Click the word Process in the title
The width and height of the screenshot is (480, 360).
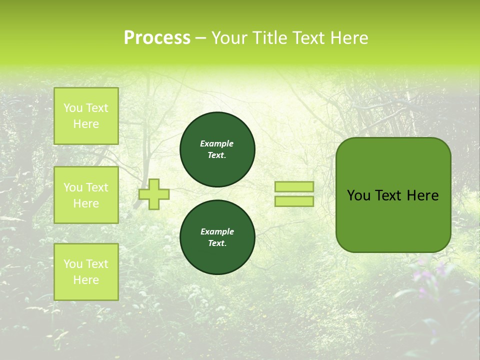157,38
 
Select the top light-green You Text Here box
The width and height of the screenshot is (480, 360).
86,116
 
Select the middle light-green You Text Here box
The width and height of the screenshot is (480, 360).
86,195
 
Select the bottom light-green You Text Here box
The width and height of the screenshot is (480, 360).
86,272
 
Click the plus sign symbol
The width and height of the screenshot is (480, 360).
154,194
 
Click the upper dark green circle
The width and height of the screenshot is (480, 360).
217,149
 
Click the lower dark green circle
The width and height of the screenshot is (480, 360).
217,237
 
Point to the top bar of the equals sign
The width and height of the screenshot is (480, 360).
294,186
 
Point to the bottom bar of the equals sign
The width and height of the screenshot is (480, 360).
294,201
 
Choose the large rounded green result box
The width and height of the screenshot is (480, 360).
393,220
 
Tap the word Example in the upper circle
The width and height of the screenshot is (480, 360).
217,143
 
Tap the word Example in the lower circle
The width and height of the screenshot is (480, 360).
217,231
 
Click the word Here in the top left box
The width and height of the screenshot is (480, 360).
86,124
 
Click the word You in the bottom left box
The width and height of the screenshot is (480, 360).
73,264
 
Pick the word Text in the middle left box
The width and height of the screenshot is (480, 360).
97,187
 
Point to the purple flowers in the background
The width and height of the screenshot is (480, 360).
425,275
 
